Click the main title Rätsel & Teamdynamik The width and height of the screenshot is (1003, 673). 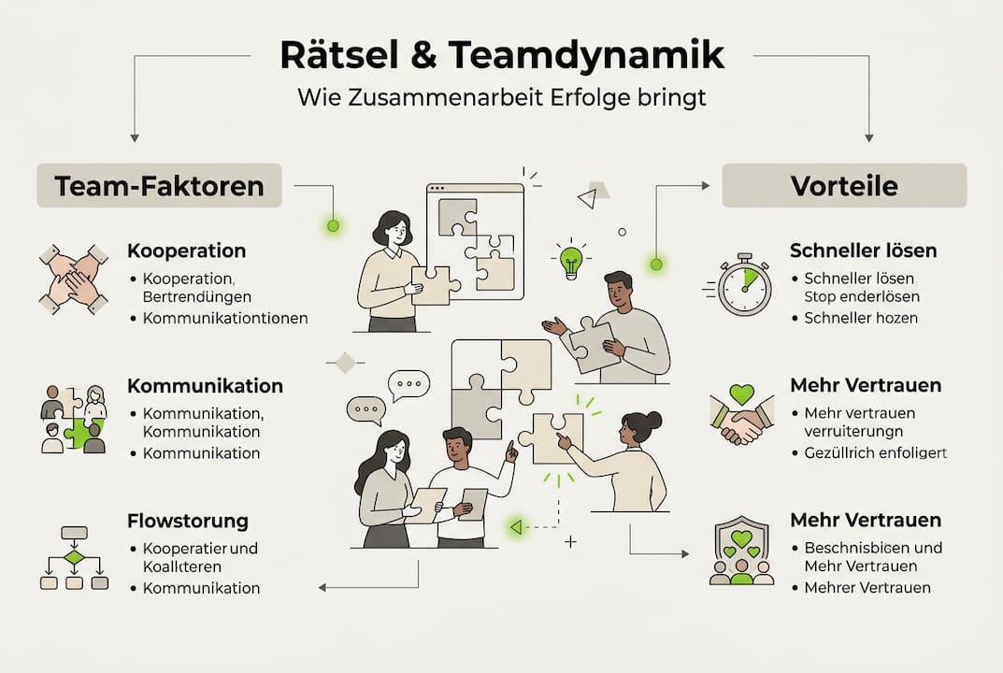pos(502,55)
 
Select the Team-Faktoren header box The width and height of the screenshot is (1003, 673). pos(159,185)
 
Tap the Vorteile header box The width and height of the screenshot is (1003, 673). pos(844,185)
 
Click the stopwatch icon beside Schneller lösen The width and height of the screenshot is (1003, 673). pos(745,284)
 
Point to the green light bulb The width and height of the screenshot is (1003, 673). pos(571,261)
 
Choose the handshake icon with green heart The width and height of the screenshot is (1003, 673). pos(741,417)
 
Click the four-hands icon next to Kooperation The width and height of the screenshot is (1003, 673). pos(74,279)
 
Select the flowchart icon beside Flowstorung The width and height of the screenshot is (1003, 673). pos(74,558)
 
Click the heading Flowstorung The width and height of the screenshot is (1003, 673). pos(188,520)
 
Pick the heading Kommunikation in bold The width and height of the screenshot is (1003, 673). pos(205,385)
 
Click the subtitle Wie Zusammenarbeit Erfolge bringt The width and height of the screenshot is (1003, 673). pos(502,97)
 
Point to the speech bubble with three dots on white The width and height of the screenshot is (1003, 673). pos(409,384)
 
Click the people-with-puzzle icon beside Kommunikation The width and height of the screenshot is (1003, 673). pos(74,419)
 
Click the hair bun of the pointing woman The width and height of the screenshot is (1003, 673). pos(652,420)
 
